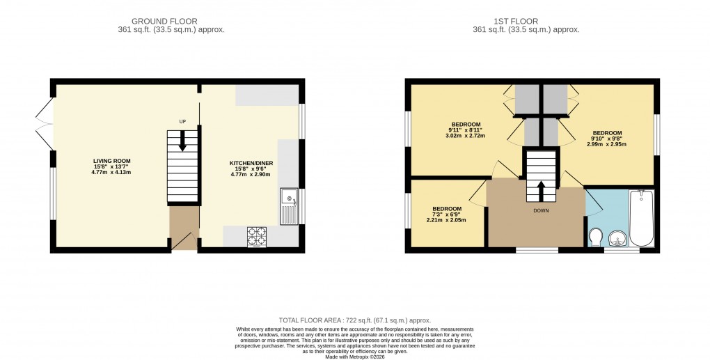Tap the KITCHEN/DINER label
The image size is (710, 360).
250,163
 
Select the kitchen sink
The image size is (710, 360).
289,206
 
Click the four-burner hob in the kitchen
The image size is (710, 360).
256,237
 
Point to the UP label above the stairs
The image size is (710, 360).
183,122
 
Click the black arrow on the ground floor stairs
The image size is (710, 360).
183,141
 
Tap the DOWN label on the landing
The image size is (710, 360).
541,210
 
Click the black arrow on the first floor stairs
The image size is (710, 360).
541,188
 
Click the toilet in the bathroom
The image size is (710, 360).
595,237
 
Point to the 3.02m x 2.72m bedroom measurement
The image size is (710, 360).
466,135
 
